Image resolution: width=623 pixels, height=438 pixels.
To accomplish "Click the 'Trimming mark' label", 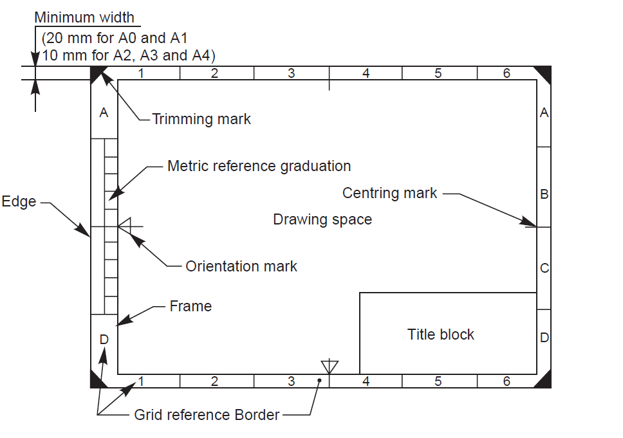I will point(201,119).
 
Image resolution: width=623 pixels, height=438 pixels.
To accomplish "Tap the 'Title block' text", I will point(441,334).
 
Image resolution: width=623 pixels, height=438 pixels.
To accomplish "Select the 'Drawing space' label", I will point(322,219).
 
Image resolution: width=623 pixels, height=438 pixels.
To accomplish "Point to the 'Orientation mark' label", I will point(241,266).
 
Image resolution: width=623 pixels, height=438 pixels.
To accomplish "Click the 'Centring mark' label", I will point(389,193).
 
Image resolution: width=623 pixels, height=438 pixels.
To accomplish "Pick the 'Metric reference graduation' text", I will point(259,166).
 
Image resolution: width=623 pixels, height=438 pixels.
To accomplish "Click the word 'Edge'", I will point(19,201).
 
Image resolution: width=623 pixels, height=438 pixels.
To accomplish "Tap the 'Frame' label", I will point(191,306).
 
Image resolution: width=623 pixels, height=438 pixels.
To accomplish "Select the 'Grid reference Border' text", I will point(207,415).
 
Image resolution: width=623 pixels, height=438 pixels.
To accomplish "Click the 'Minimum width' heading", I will point(84,17).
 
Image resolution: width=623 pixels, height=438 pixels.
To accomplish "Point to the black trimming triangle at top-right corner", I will point(544,73).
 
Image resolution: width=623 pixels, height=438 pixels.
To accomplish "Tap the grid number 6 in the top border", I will point(507,73).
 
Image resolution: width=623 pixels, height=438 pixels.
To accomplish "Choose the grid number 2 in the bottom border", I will point(214,381).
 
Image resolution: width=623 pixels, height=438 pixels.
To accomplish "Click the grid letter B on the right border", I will point(544,194).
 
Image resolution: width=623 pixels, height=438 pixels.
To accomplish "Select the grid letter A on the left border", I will point(104,113).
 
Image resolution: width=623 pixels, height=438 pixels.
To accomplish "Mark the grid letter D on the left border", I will point(104,339).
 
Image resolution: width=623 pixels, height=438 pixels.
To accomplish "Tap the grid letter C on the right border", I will point(544,268).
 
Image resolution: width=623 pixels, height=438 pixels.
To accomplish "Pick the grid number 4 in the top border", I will point(366,73).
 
